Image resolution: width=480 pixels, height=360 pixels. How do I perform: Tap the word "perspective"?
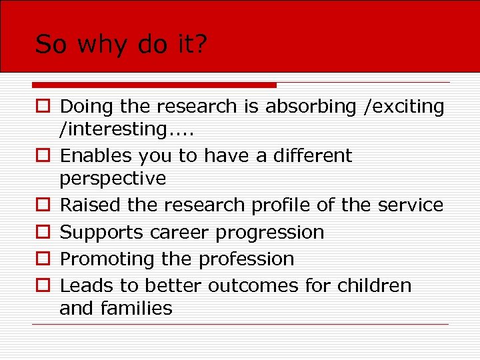pos(113,179)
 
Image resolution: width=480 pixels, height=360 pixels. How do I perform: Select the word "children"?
pos(375,285)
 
